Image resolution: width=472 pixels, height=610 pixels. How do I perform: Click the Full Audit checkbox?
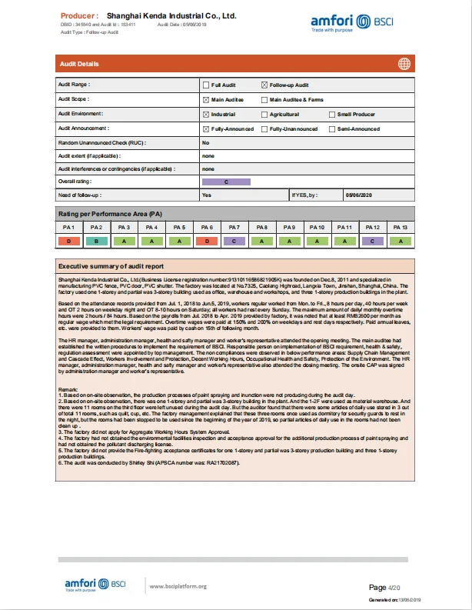[x=205, y=85]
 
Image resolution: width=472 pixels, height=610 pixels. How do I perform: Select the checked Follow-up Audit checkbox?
[x=264, y=85]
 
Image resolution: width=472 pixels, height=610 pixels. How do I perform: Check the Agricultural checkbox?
[x=264, y=114]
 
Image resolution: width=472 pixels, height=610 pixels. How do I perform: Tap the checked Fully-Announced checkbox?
[x=205, y=128]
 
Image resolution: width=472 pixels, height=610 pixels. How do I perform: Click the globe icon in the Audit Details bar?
[x=404, y=64]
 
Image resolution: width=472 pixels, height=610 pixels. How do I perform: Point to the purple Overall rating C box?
[x=226, y=182]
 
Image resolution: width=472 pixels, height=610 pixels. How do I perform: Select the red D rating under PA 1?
[x=68, y=242]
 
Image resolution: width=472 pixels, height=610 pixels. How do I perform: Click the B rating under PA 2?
[x=96, y=242]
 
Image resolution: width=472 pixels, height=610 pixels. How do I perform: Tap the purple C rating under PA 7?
[x=234, y=242]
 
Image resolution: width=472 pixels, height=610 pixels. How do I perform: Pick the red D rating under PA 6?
[x=207, y=242]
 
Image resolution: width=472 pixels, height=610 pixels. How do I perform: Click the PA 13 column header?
[x=400, y=228]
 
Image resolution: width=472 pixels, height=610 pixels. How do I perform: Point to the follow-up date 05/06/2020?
[x=358, y=195]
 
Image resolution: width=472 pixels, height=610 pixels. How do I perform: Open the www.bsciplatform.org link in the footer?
[x=178, y=586]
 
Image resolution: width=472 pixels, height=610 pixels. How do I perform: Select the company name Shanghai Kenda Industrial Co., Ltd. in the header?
[x=171, y=15]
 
